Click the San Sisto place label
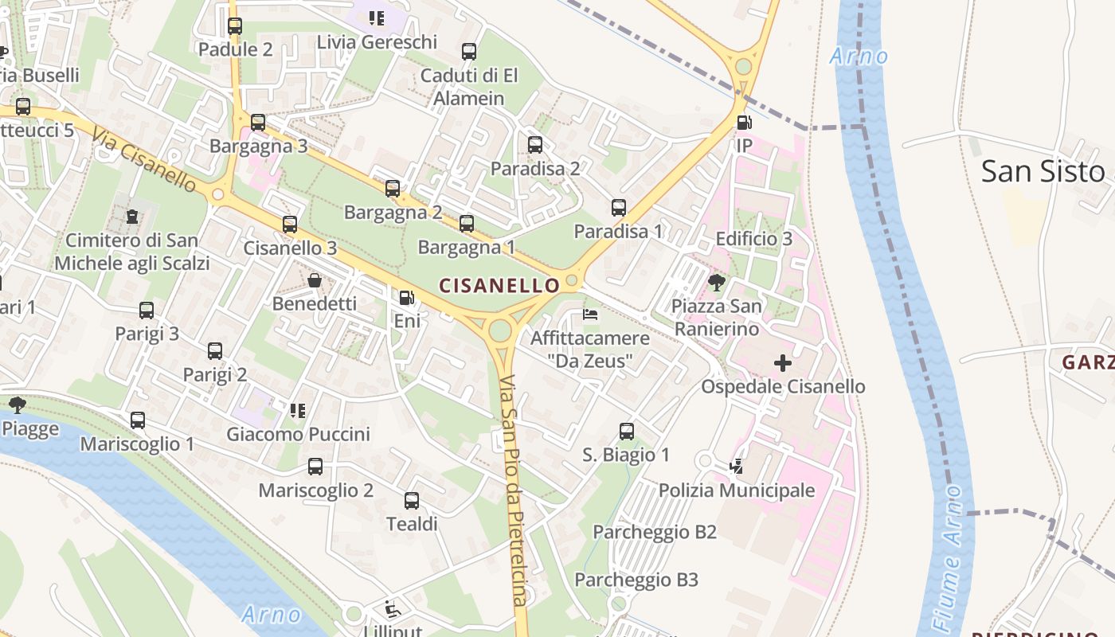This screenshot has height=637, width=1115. (1043, 171)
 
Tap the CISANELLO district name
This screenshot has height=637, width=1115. (499, 285)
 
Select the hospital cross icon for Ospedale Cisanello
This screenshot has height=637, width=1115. (783, 364)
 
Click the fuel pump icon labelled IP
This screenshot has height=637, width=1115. (744, 123)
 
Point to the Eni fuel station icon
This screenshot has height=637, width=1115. (406, 298)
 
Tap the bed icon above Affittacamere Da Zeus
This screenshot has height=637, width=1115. (590, 315)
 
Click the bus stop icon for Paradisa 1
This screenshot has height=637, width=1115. (619, 208)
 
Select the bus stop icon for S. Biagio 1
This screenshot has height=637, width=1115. (627, 432)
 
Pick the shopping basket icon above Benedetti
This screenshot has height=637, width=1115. (315, 280)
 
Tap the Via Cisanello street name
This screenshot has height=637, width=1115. (144, 159)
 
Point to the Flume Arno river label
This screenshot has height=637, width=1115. (947, 557)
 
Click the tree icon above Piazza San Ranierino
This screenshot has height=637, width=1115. (716, 282)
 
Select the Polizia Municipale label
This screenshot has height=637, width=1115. (737, 490)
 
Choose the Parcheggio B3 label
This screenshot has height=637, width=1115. (636, 580)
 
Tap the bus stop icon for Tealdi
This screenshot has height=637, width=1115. (412, 501)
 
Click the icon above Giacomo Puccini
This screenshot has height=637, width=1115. (298, 411)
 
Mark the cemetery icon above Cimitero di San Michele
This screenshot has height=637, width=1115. (132, 217)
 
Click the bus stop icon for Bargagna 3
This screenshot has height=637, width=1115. (258, 123)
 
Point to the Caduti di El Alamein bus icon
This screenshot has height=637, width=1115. (469, 52)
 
